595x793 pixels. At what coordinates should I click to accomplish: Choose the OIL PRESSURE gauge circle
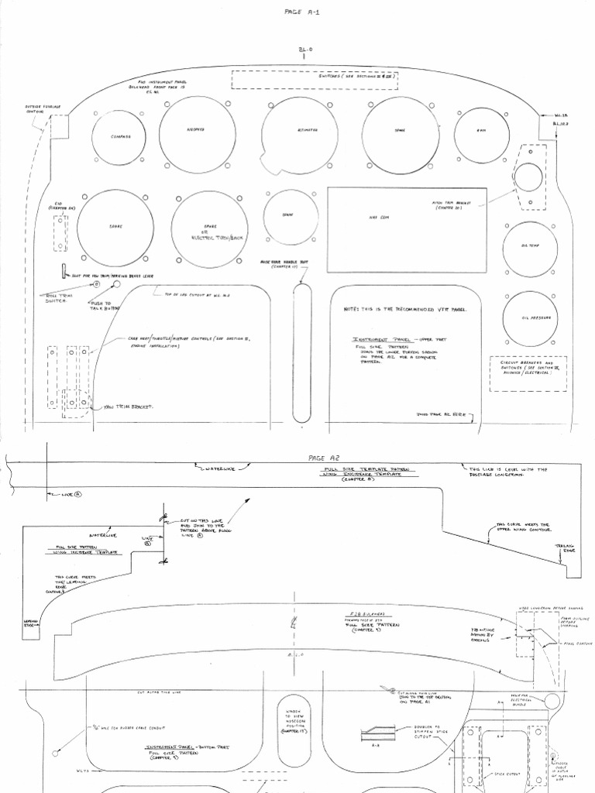[529, 319]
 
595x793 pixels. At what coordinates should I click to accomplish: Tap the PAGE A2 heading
[319, 458]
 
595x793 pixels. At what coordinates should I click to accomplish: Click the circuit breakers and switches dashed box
[530, 368]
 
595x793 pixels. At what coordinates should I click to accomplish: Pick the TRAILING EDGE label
[564, 548]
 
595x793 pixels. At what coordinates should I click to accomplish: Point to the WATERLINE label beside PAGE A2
[219, 469]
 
